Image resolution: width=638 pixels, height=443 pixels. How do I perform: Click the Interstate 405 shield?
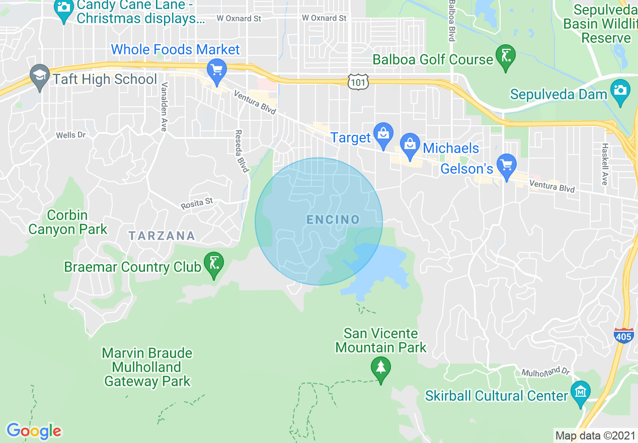click(623, 335)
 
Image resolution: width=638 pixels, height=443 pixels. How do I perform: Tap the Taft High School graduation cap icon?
click(39, 77)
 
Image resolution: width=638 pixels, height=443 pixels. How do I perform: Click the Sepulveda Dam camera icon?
click(620, 91)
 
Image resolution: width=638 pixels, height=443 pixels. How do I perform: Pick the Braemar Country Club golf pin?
click(214, 264)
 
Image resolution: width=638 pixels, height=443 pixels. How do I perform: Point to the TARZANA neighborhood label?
click(162, 236)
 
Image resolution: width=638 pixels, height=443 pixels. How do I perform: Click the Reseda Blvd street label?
click(241, 151)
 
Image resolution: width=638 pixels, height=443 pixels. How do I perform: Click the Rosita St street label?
click(197, 203)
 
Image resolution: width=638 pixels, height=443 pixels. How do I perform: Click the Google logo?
click(34, 431)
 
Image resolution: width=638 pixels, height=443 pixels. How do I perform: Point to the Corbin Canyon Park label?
click(68, 223)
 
